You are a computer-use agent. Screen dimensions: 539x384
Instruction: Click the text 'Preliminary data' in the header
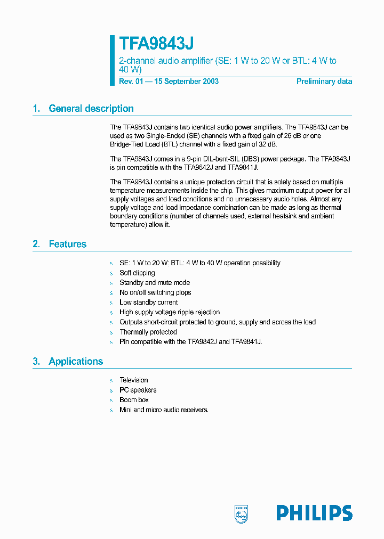pos(324,81)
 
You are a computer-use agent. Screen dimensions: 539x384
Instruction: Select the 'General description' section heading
pos(91,109)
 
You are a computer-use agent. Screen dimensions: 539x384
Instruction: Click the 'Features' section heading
pos(67,244)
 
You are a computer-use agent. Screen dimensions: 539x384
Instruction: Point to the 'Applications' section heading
pos(75,362)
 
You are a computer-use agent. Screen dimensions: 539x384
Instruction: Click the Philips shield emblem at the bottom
pos(242,513)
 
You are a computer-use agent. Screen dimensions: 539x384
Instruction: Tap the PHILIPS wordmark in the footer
pos(314,513)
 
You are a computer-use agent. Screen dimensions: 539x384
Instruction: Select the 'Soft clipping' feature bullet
pos(137,273)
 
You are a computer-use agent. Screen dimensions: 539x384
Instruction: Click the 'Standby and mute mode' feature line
pos(154,283)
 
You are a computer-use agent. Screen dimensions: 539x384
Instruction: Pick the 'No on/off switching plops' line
pos(155,293)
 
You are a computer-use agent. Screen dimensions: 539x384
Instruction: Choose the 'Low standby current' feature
pos(148,303)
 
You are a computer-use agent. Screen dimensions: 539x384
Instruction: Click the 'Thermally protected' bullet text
pos(148,332)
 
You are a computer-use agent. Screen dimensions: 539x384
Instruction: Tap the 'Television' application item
pos(133,380)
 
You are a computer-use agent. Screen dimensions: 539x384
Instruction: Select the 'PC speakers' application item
pos(138,390)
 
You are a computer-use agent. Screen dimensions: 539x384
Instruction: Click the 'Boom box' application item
pos(134,400)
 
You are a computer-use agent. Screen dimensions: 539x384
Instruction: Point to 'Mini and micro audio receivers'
pos(164,410)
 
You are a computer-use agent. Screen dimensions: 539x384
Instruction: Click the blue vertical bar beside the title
pos(113,60)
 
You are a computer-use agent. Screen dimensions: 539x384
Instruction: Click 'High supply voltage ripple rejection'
pos(170,312)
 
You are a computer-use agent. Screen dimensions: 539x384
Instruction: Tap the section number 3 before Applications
pos(36,362)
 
